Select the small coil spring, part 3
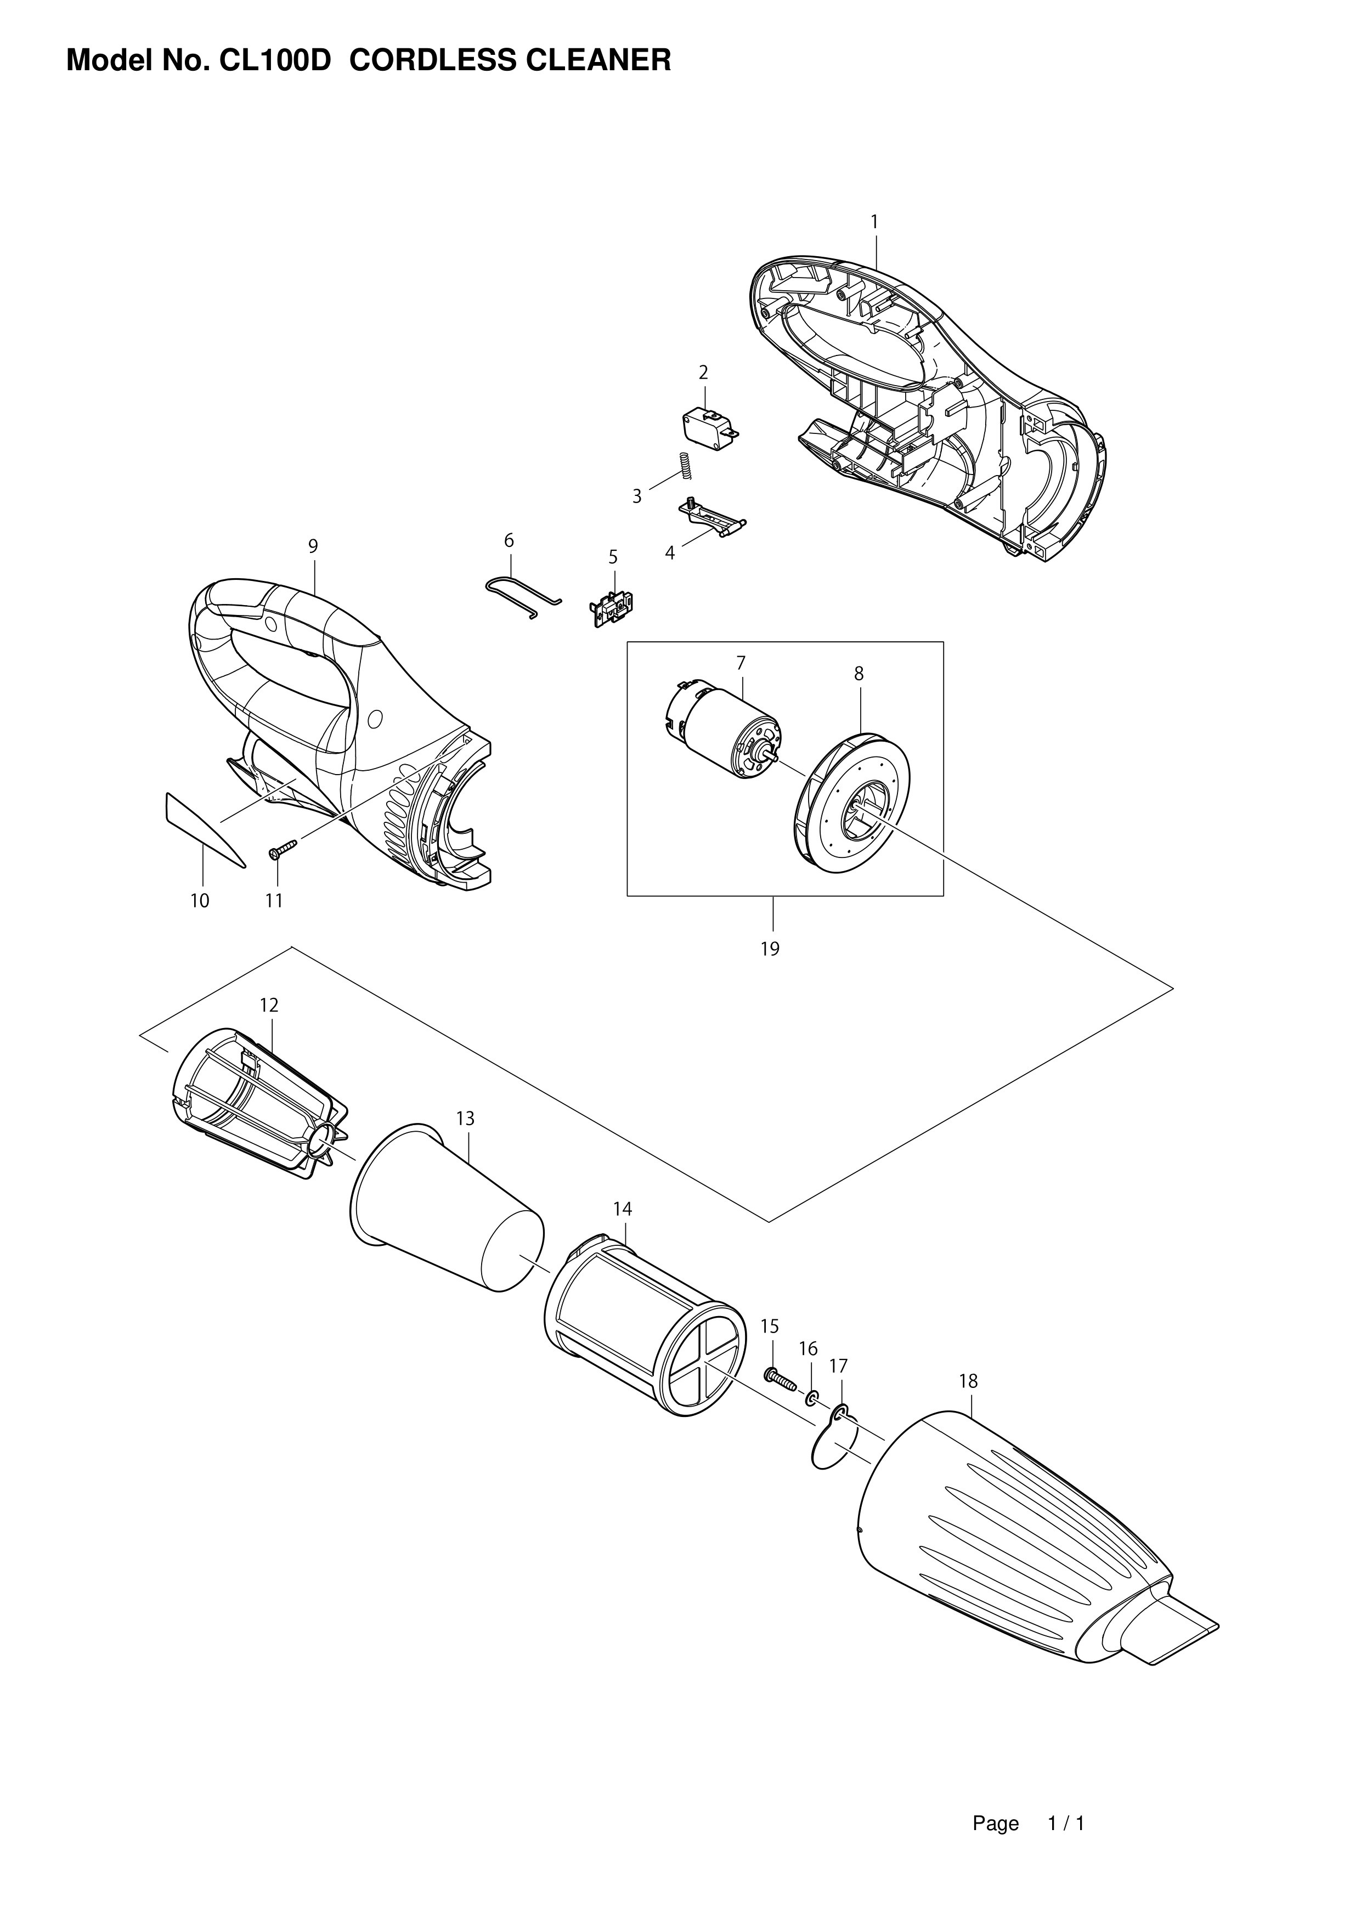tap(685, 466)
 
